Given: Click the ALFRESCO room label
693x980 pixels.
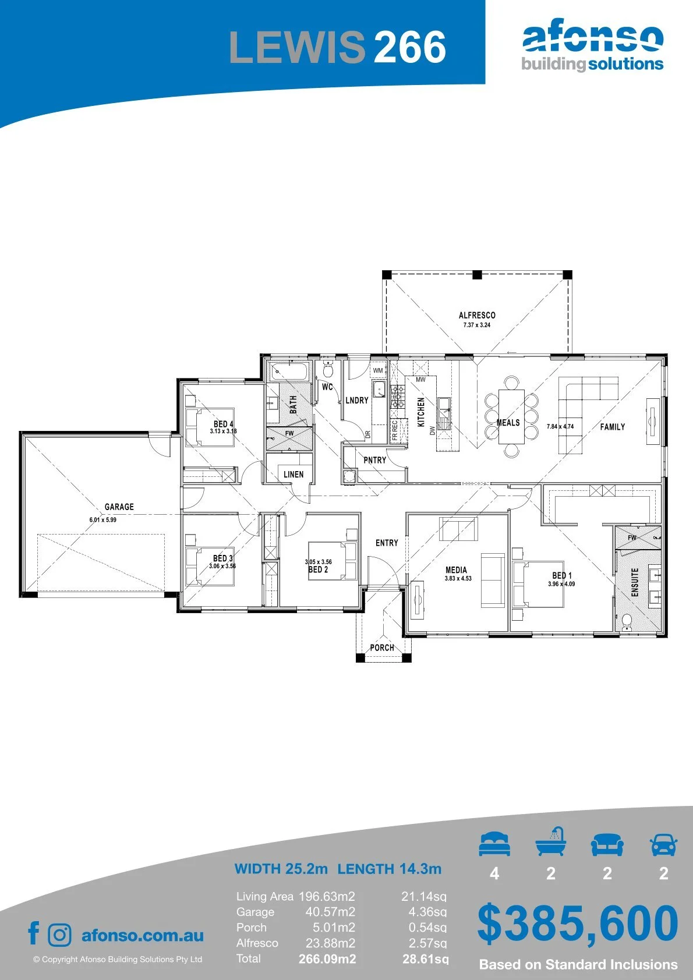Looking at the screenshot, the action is click(x=477, y=315).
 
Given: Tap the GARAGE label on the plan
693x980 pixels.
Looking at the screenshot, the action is click(x=119, y=507).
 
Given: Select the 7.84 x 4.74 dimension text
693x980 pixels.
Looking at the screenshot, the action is click(x=560, y=426).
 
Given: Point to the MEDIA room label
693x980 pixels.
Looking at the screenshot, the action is click(x=456, y=569).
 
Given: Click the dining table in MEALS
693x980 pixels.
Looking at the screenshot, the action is click(x=511, y=416).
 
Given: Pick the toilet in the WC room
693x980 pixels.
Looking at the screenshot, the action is click(x=328, y=369).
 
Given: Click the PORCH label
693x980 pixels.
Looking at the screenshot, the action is click(x=382, y=648).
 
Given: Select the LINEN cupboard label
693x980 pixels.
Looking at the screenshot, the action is click(x=293, y=474).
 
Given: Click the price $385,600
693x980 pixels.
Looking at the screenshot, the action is click(x=578, y=924).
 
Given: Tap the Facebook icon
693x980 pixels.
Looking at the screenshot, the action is click(x=34, y=933).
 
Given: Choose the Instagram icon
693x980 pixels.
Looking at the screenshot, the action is click(x=59, y=935).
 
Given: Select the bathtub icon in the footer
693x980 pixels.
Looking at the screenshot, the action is click(x=551, y=842).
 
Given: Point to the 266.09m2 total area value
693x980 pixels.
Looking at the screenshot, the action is click(x=327, y=958).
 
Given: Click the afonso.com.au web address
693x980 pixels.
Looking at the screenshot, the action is click(x=143, y=935).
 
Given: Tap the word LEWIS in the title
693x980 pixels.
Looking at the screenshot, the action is click(x=297, y=47).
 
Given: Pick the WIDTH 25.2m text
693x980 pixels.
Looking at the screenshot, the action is click(x=281, y=868).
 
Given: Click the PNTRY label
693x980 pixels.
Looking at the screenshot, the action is click(x=375, y=460).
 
